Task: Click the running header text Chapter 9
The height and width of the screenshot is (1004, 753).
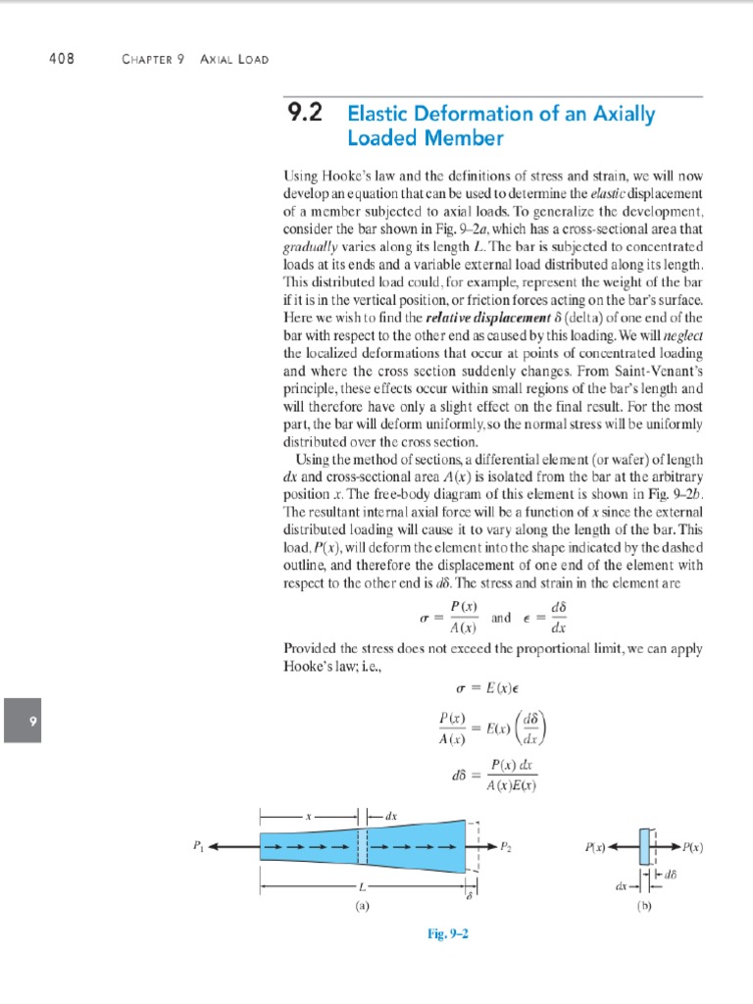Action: pos(153,59)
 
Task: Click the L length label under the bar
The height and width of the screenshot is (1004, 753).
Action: pos(360,887)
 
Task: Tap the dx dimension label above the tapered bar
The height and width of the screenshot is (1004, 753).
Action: pos(390,814)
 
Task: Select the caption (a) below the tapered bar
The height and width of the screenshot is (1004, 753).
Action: pos(363,907)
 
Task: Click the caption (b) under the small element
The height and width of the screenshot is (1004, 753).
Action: pos(644,907)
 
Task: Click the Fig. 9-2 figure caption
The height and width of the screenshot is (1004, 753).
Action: pos(450,935)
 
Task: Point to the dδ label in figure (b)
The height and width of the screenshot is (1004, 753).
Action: pos(672,874)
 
